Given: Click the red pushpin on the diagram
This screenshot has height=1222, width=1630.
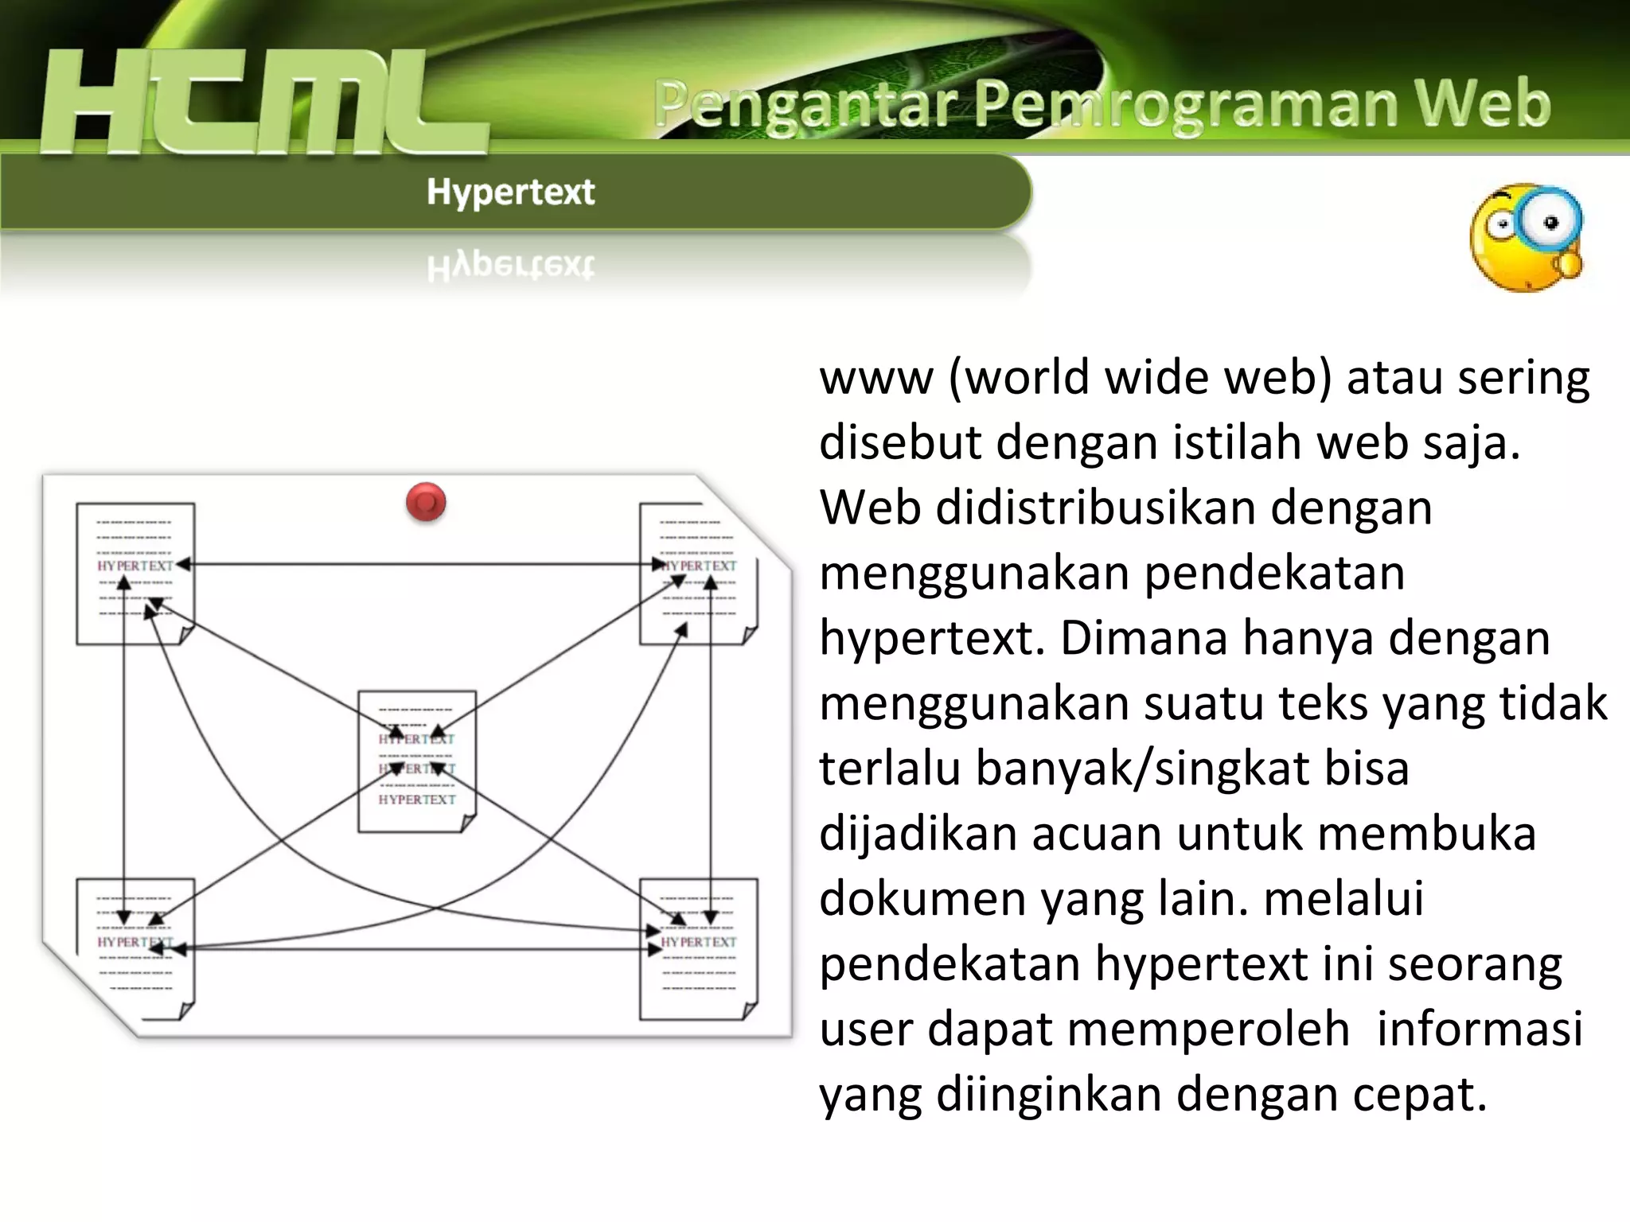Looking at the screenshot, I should click(x=426, y=502).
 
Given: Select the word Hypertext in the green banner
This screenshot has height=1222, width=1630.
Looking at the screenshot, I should click(x=510, y=192).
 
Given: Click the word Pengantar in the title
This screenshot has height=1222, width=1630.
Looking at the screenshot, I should click(x=805, y=105).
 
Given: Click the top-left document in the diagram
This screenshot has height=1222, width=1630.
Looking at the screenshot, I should click(x=135, y=574).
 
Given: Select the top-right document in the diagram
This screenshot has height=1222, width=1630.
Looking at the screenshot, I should click(x=698, y=574).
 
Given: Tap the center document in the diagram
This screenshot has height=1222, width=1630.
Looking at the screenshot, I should click(x=416, y=761).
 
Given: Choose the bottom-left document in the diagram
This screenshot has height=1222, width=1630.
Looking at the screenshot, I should click(x=135, y=948).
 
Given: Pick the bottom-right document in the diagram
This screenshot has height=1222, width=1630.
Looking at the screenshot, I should click(x=698, y=948).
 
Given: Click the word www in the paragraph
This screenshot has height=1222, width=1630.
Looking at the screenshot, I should click(x=875, y=377).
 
